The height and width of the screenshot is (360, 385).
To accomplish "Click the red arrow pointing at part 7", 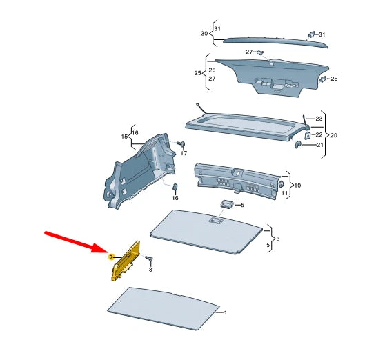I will pos(72,242).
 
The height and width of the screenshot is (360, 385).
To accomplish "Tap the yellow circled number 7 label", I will pos(110,257).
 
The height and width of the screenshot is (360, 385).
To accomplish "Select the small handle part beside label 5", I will pos(226,204).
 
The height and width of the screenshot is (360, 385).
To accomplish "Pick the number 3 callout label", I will pos(277,238).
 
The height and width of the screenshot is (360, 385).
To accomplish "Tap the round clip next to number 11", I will pos(282,185).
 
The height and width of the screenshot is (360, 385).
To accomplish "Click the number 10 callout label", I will pos(297,186).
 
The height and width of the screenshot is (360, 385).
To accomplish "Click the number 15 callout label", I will pos(125,137).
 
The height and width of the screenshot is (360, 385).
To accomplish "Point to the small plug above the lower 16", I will pos(175,188).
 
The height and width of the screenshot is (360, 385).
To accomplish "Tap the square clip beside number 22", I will pos(307,135).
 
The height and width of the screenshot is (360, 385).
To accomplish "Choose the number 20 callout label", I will pos(334,134).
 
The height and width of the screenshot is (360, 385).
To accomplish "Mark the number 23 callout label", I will pos(319,119).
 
